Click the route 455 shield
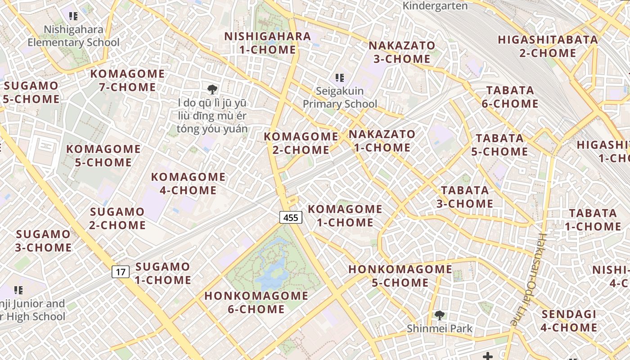(x=291, y=218)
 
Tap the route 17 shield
(x=121, y=272)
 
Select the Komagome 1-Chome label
(x=345, y=216)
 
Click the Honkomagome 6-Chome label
(x=256, y=302)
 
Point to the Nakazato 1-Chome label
(x=382, y=141)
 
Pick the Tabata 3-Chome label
(x=465, y=197)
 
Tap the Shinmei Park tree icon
(x=439, y=315)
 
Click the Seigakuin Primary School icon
(x=340, y=78)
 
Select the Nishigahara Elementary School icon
(x=73, y=17)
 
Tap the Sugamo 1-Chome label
(x=163, y=273)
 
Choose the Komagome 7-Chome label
(x=128, y=80)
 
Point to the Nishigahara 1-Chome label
(x=268, y=43)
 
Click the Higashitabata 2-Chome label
(x=548, y=46)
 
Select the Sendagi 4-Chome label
(x=569, y=321)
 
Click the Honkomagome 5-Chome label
(x=400, y=276)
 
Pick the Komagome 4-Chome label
(x=188, y=184)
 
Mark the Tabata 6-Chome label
(x=510, y=97)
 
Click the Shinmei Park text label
(x=440, y=329)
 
